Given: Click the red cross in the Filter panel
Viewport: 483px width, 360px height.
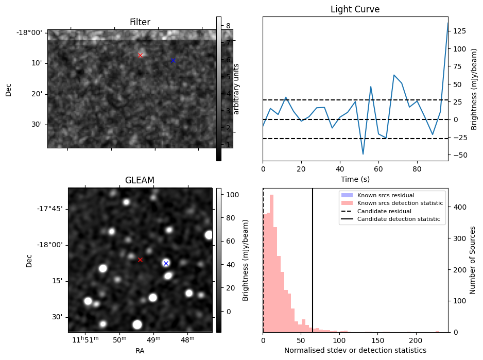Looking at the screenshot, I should point(140,55).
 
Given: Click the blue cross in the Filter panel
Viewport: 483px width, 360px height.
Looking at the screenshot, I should point(173,60).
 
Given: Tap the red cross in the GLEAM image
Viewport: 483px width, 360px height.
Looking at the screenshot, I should point(140,260).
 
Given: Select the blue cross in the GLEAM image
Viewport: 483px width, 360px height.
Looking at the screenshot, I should point(166,263).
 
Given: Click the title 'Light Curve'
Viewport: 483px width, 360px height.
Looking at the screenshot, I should point(355,9).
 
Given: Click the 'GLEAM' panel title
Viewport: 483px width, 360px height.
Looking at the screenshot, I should point(140,180).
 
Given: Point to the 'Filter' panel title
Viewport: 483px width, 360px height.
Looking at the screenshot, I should point(140,22).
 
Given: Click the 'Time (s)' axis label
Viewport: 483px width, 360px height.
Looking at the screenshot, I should point(355,179).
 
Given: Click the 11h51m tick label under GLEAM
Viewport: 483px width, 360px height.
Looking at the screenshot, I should point(84,340).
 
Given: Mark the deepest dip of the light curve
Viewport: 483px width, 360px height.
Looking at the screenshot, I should point(363,154).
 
